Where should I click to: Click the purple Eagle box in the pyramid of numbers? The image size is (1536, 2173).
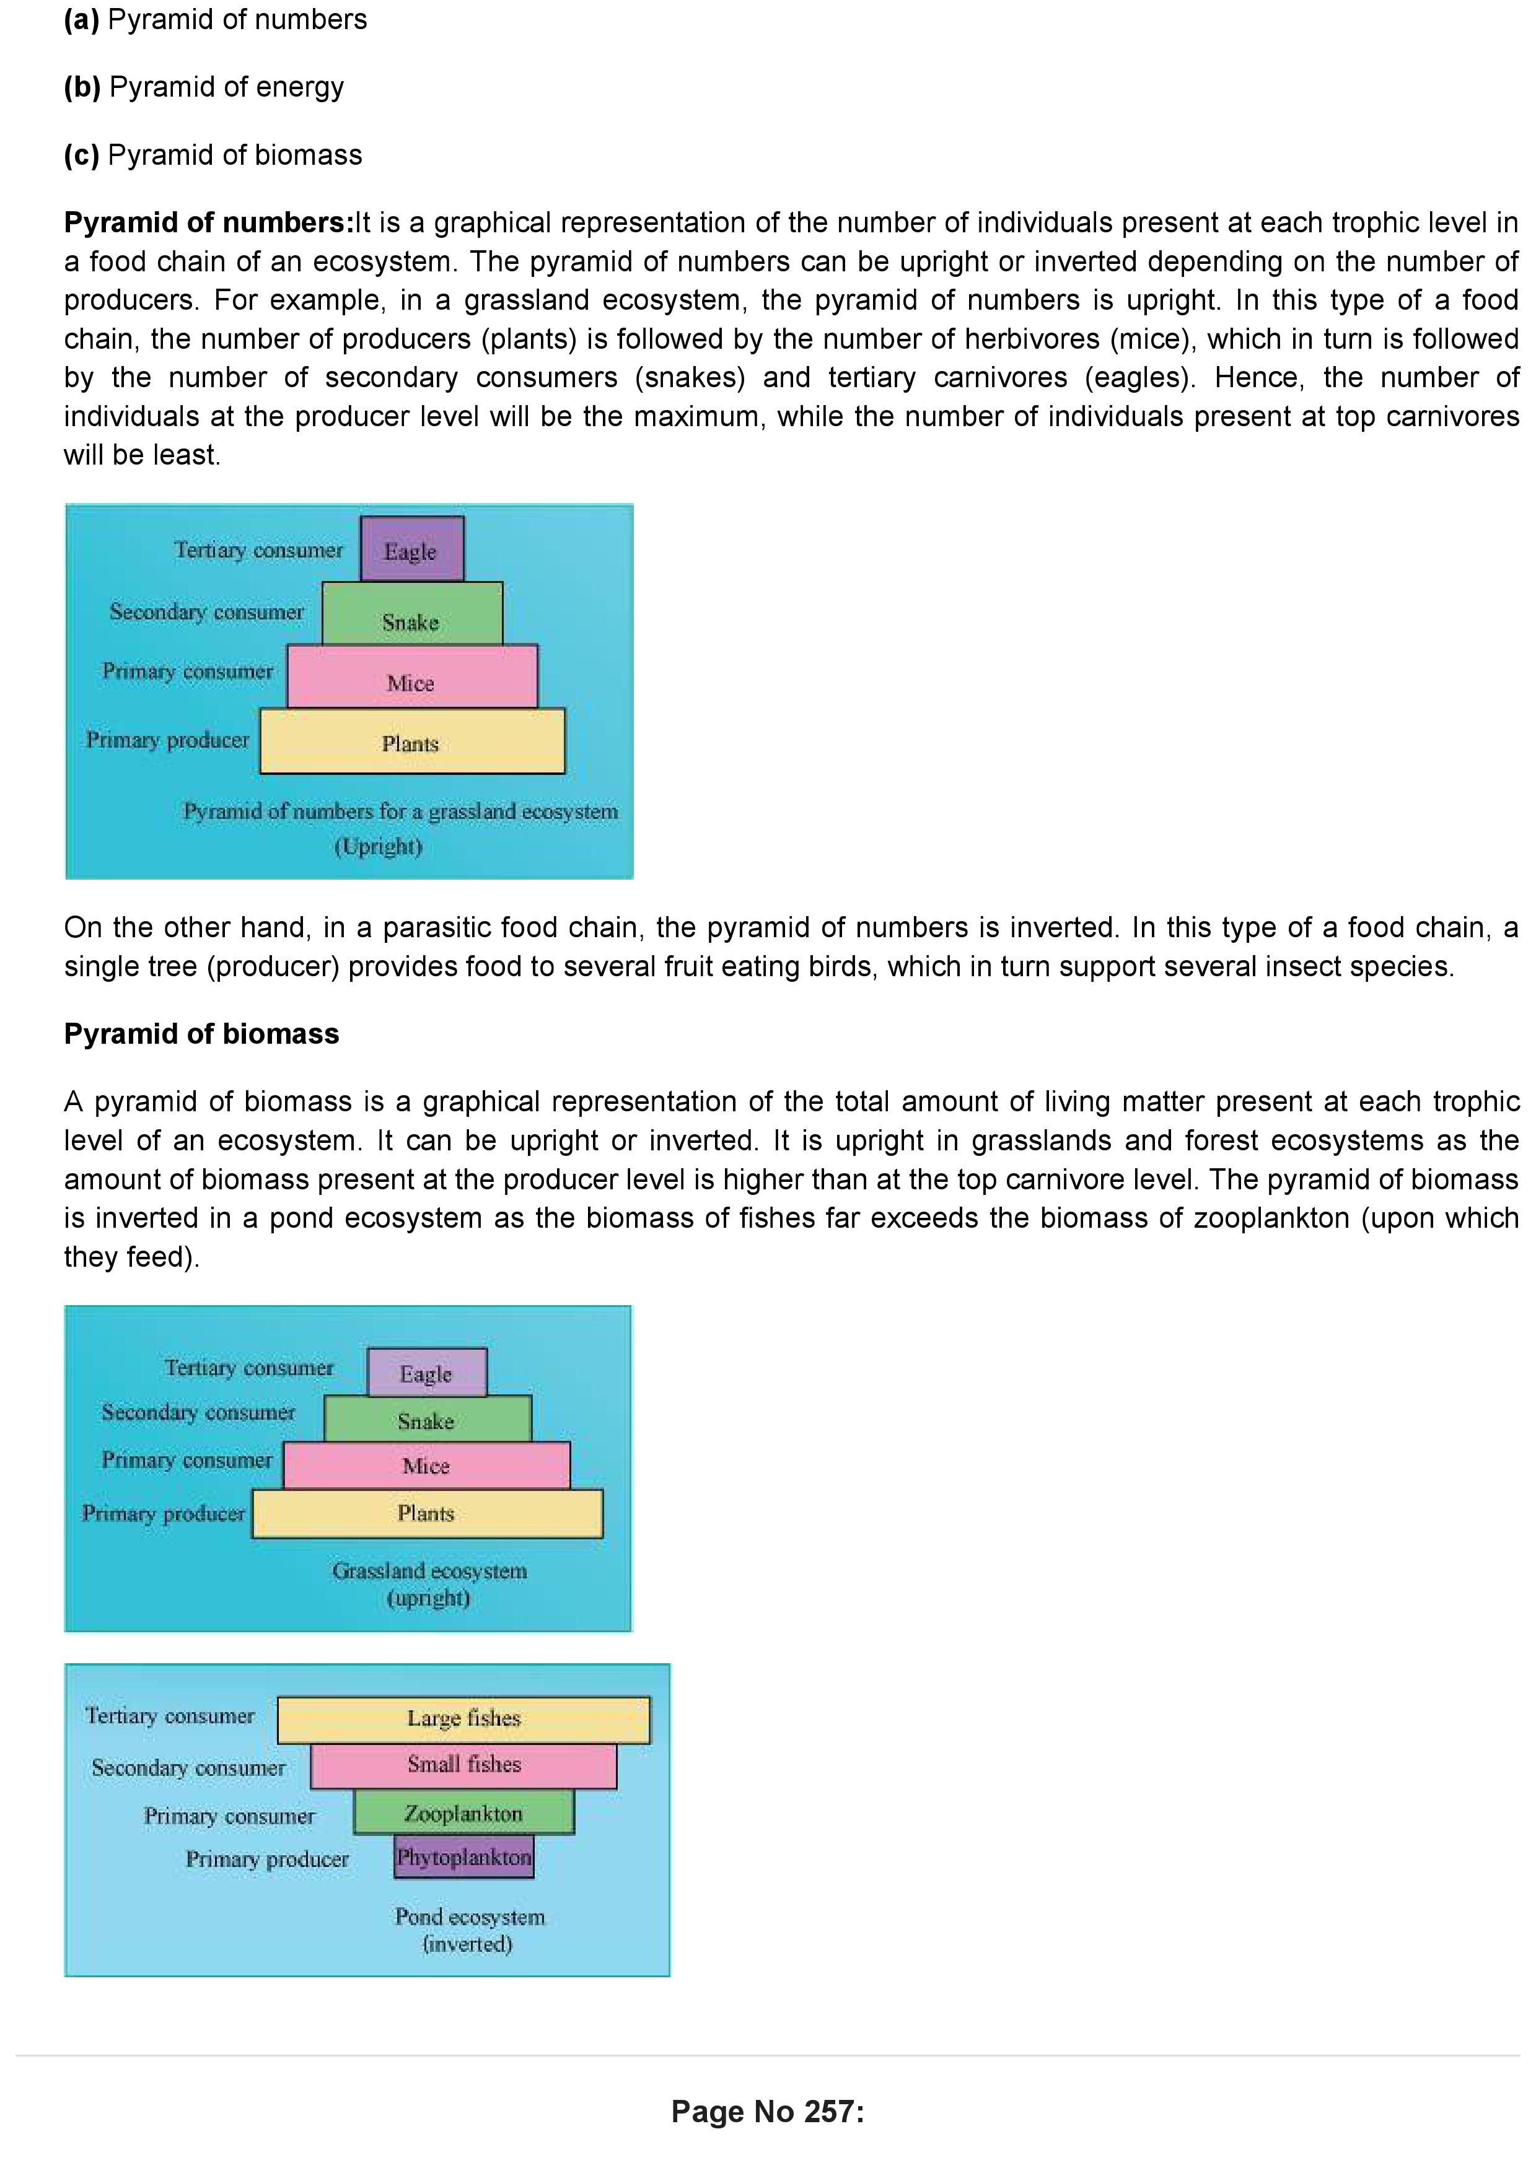411,549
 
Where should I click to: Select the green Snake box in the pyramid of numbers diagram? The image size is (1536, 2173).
411,614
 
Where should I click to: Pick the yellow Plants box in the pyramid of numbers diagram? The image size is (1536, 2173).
411,741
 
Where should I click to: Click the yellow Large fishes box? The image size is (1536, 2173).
463,1720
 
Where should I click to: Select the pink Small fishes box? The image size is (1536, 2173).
463,1766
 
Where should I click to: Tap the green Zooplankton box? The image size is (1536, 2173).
463,1813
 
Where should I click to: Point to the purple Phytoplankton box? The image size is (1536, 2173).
463,1857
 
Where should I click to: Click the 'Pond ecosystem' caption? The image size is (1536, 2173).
470,1917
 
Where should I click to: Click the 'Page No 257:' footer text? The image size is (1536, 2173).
768,2112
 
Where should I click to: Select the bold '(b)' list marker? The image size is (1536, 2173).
81,87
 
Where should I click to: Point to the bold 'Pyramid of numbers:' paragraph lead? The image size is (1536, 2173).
208,222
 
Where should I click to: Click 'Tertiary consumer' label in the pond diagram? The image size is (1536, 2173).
170,1716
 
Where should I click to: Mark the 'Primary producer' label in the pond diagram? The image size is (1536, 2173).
267,1859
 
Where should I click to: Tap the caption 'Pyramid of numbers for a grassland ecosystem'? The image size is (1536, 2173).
400,811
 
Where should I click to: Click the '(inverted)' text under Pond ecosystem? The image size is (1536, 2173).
468,1944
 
